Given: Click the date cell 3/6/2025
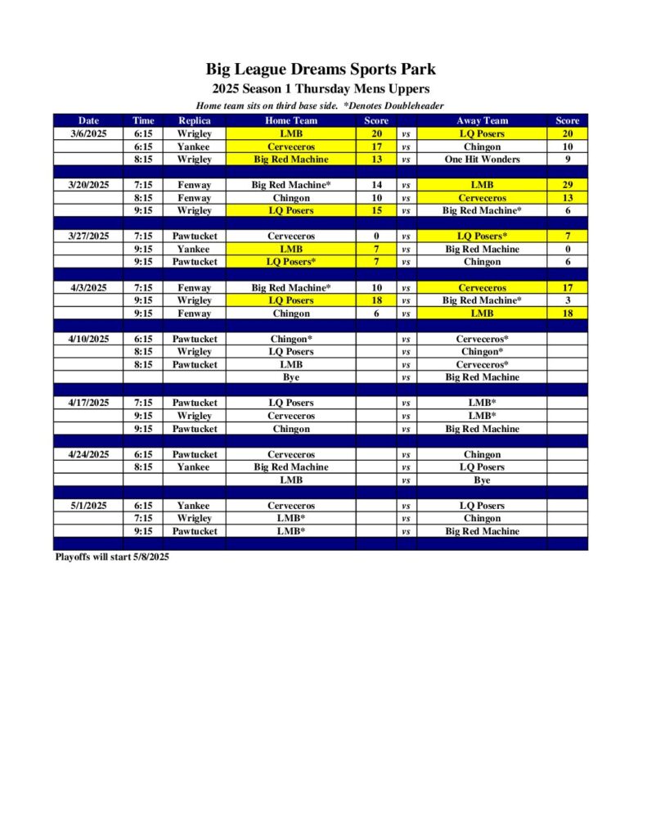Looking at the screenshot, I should click(x=88, y=133).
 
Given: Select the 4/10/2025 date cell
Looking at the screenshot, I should click(x=88, y=339).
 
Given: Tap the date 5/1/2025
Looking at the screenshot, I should click(x=88, y=506).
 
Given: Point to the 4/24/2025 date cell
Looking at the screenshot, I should click(x=88, y=454).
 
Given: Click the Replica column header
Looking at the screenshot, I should click(x=195, y=121).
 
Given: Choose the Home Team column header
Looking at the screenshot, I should click(x=291, y=121).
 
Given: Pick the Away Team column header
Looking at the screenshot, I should click(x=482, y=121).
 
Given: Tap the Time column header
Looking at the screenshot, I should click(x=143, y=121).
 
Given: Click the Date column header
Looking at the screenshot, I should click(x=88, y=121).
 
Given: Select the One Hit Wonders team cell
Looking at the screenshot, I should click(x=482, y=160).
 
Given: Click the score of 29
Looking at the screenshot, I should click(x=567, y=185).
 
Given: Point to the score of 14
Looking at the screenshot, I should click(x=376, y=185).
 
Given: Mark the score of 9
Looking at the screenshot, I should click(x=567, y=160).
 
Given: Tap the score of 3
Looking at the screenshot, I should click(x=567, y=300).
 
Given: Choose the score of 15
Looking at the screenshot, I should click(x=376, y=210).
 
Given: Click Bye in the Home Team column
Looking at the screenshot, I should click(x=291, y=377).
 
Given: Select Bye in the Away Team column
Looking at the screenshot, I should click(x=482, y=480).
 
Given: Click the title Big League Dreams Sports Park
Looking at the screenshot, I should click(x=321, y=69).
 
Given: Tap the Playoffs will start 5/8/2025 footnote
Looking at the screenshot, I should click(x=111, y=556).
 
